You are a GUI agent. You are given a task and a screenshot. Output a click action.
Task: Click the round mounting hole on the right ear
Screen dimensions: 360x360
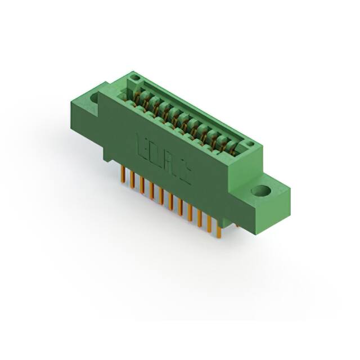click(x=261, y=191)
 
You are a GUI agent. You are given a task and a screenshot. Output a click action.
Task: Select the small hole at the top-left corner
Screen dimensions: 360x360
click(x=134, y=76)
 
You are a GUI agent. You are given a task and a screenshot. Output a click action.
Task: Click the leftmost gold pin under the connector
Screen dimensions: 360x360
click(x=123, y=174)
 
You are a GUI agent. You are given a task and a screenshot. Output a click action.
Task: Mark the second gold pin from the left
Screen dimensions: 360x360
click(x=132, y=179)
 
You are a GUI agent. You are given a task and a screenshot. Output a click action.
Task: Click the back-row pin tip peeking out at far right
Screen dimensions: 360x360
click(x=236, y=225)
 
